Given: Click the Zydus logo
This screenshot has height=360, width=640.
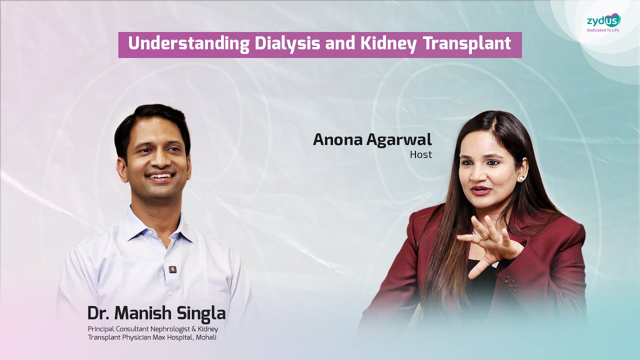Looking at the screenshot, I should tap(603, 20).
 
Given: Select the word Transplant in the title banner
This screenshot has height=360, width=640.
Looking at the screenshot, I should tap(466, 44).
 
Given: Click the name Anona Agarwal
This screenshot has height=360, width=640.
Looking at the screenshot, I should tap(372, 140).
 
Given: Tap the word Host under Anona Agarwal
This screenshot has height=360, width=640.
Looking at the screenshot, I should tap(420, 155).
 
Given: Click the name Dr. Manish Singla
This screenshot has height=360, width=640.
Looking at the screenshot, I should tap(156, 313).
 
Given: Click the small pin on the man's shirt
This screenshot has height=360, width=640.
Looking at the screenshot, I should tap(173, 269).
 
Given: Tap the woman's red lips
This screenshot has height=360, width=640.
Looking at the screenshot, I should tap(481, 190).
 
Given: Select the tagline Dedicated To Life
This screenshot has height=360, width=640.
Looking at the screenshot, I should tap(603, 30).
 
